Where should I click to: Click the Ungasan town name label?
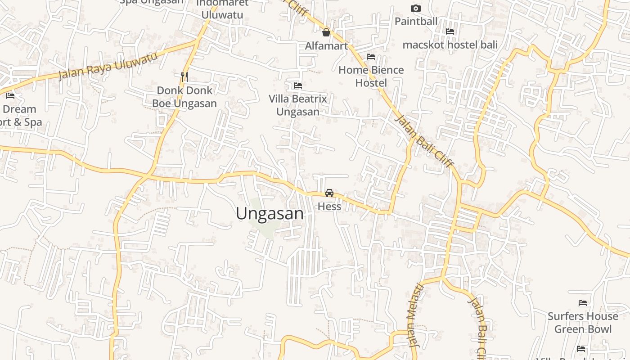pos(270,214)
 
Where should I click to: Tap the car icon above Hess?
pos(329,193)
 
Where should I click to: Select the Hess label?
pos(329,207)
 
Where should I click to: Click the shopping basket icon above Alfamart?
pos(326,32)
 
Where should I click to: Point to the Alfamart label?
pos(326,46)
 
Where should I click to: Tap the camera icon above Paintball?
pos(416,8)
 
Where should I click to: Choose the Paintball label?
pos(416,21)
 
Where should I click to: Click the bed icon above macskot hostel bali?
pos(450,31)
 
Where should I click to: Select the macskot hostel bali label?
pos(450,45)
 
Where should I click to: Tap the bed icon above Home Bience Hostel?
pos(371,57)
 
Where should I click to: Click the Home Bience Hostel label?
pos(371,76)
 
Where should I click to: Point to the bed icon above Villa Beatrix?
pos(297,85)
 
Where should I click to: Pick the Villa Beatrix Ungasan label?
pos(297,105)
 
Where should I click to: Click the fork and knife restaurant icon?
pos(184,76)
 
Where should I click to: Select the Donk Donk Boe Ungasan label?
pos(184,97)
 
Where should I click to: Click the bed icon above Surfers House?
pos(583,303)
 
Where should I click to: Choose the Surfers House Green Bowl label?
pos(583,323)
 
